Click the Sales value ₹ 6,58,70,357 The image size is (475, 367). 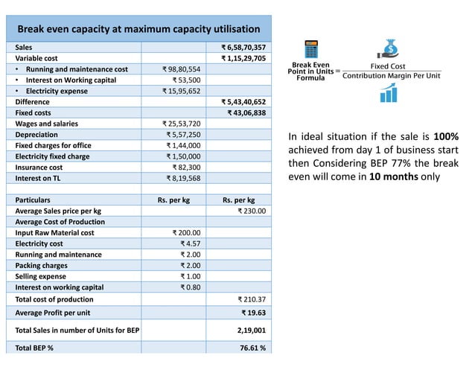point(243,47)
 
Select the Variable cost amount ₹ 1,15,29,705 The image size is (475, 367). point(243,58)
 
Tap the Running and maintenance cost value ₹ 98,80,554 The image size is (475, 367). point(182,69)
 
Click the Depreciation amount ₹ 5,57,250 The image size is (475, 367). point(183,135)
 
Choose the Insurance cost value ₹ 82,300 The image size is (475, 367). point(186,168)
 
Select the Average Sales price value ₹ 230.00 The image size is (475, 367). point(252,211)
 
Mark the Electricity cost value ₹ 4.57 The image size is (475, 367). point(191,243)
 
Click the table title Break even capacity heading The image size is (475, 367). point(138,29)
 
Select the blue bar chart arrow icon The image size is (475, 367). point(388,93)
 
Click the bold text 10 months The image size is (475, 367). point(392,177)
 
